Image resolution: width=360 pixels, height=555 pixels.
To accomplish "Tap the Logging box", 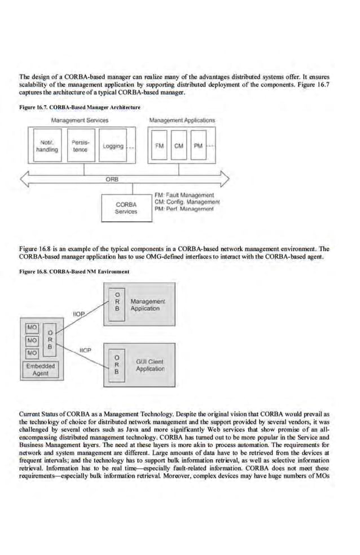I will click(113, 146).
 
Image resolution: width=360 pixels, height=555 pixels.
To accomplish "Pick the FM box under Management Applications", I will click(160, 146).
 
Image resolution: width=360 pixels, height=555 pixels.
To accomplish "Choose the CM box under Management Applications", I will click(179, 146).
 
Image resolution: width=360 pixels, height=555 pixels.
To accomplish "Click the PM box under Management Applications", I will click(198, 146).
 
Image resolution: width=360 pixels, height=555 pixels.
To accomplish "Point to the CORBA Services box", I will click(126, 208).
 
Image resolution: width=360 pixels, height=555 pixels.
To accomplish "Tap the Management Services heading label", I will click(80, 120).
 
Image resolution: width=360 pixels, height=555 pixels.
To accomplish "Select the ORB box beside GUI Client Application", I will click(116, 364).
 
